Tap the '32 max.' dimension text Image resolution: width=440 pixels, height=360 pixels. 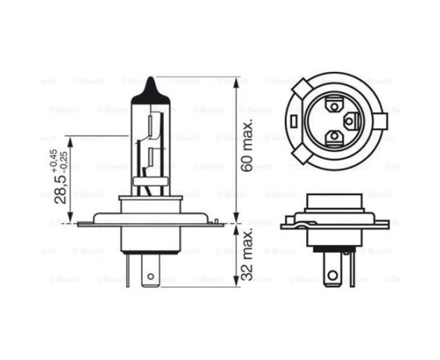pos(247,253)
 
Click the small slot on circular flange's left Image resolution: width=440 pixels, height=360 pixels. pos(294,121)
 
